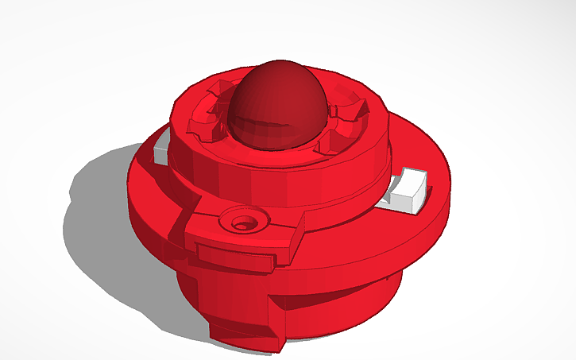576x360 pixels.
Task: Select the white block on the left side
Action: point(161,151)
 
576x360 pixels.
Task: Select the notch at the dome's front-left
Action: point(205,127)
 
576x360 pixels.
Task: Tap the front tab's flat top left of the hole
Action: point(211,225)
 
